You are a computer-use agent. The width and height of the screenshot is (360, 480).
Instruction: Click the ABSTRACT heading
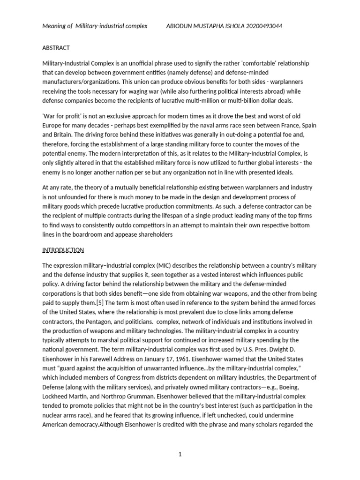56,48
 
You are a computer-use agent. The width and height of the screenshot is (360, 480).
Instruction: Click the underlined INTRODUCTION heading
63,250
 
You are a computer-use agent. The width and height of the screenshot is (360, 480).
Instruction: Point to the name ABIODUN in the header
180,26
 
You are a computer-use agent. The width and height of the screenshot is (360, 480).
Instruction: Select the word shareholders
152,234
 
